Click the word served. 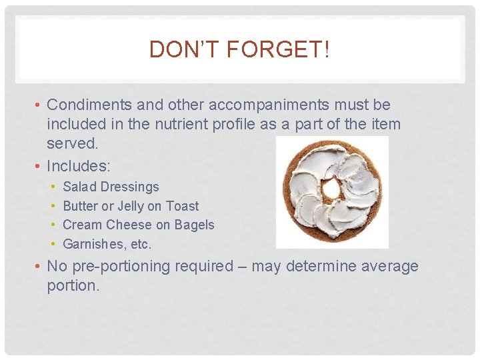point(73,143)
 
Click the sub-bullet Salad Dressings point(111,187)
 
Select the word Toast point(182,206)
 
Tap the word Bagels point(194,225)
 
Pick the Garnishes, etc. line point(107,244)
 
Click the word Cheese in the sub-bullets point(129,225)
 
